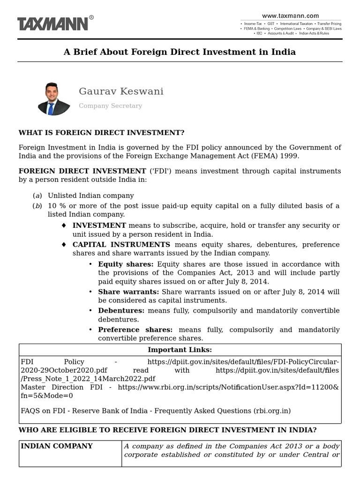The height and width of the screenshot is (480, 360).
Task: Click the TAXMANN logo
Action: click(52, 23)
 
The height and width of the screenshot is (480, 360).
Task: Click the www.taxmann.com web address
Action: click(291, 15)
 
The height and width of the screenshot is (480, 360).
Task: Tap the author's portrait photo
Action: click(53, 98)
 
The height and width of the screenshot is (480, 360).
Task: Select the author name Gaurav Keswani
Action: click(121, 91)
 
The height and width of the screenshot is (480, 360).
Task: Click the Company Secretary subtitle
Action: click(110, 106)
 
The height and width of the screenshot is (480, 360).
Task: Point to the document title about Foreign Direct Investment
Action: click(180, 52)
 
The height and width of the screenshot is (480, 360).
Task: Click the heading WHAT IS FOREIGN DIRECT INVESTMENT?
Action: click(101, 133)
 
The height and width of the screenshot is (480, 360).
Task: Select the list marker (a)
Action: click(37, 195)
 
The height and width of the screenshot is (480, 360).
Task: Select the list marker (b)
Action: click(37, 206)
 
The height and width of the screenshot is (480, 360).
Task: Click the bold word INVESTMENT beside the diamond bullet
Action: click(99, 225)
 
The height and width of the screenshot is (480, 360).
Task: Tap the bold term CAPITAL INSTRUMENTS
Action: click(121, 245)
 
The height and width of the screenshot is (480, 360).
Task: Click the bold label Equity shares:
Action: click(126, 264)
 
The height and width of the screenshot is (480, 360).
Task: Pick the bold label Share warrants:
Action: click(128, 292)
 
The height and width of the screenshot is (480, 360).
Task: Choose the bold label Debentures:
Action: click(121, 310)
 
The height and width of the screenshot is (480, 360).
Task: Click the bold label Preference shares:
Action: click(135, 330)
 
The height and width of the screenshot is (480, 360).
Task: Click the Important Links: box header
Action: click(180, 350)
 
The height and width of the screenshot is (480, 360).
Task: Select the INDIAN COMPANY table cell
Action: click(56, 446)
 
